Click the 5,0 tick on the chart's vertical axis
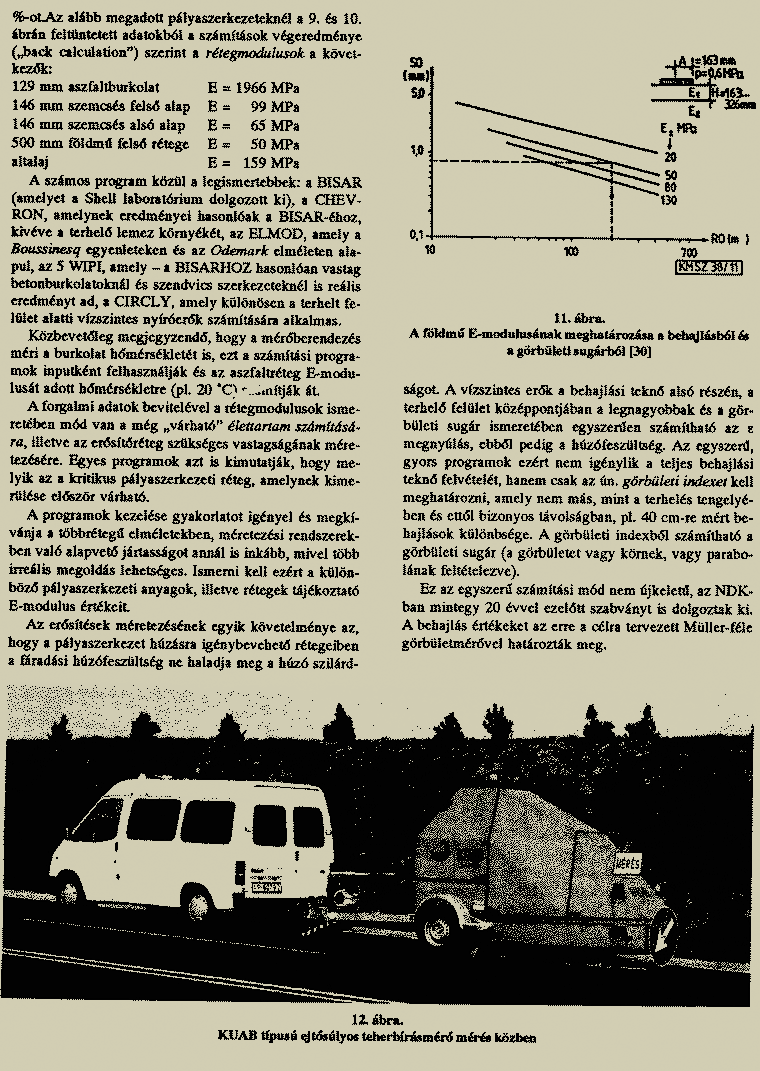click(418, 92)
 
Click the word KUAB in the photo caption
click(236, 1037)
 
